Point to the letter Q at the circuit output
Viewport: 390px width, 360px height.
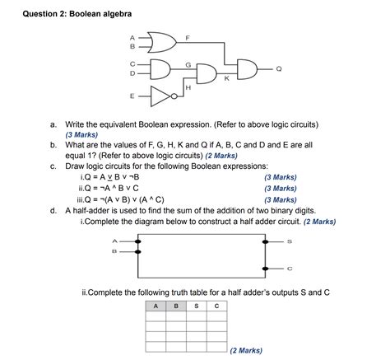278,68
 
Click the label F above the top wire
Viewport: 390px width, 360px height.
188,38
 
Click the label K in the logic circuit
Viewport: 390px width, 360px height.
226,78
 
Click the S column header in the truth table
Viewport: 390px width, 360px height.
196,306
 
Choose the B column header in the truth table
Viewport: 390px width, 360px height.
175,306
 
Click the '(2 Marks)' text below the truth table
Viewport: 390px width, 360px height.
247,350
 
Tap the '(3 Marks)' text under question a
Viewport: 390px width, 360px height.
83,134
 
